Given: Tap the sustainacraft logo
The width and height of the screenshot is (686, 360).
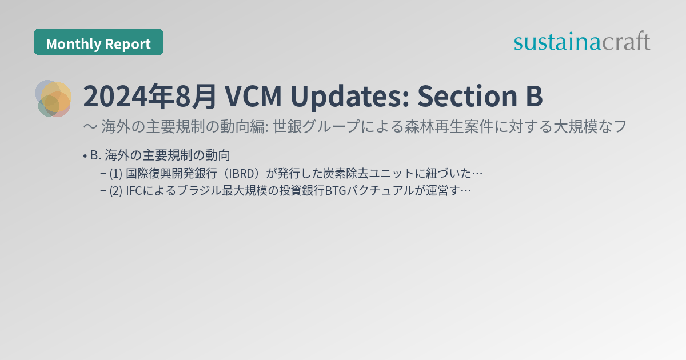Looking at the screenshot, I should coord(581,42).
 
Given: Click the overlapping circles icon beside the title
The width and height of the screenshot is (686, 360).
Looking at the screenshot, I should coord(53,98).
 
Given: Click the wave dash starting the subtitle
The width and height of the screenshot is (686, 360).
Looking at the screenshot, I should coord(89,127).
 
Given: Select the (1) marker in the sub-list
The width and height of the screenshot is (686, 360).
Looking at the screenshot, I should coord(116,173).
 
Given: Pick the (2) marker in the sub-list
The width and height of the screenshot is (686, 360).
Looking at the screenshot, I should coord(116,191).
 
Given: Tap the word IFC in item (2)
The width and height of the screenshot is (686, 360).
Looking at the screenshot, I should coord(135,191).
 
